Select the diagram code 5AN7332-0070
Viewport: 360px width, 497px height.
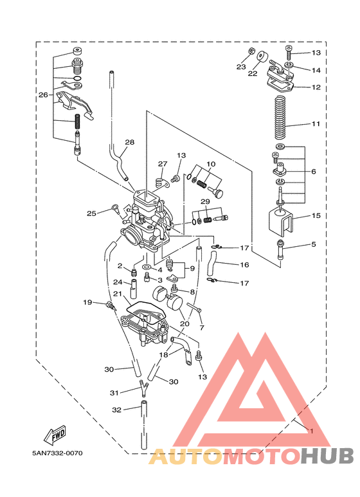tap(57, 453)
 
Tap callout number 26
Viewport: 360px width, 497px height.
tap(44, 95)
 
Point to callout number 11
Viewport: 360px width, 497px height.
tap(316, 123)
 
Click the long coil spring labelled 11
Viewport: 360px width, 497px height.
tap(280, 116)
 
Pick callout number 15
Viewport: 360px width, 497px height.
tap(316, 215)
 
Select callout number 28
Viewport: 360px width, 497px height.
tap(130, 142)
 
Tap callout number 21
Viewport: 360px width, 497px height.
tap(118, 294)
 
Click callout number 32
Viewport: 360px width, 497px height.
tap(116, 410)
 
